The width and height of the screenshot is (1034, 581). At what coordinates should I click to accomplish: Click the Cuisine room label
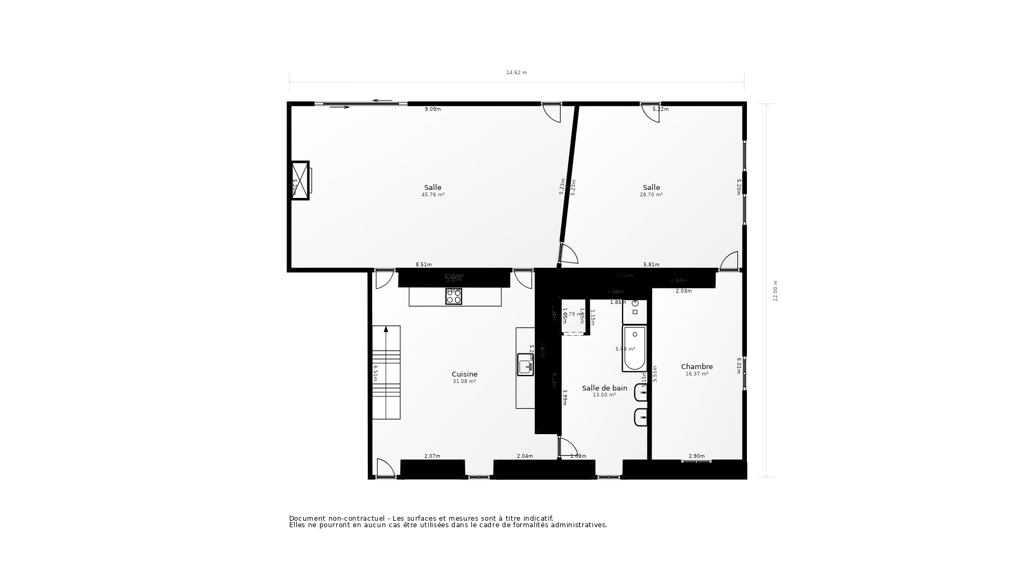click(464, 374)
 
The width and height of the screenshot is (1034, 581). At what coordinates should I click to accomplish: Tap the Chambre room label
click(697, 367)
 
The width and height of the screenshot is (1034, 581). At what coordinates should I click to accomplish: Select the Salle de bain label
click(604, 388)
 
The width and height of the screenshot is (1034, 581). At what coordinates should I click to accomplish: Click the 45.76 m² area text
click(433, 195)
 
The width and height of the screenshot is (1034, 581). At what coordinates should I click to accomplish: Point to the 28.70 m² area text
click(651, 195)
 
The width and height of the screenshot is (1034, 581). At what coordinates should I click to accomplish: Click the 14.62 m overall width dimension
click(516, 73)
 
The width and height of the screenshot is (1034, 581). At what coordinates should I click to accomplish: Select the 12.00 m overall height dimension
click(775, 290)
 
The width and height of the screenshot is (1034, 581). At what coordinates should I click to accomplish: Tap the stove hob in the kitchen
click(453, 296)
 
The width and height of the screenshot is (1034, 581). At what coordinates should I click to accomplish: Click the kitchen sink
click(525, 365)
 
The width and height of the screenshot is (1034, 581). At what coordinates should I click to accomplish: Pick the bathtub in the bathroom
click(634, 349)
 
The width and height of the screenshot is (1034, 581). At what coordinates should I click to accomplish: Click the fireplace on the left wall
click(300, 180)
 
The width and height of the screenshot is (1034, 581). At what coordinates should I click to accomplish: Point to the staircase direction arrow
click(386, 329)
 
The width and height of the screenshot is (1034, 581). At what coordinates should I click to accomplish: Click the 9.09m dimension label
click(432, 109)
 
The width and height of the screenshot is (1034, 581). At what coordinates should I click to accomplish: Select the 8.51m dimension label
click(423, 265)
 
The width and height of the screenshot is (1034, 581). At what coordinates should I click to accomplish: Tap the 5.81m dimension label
click(651, 265)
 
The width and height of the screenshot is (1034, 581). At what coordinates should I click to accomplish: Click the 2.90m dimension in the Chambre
click(696, 456)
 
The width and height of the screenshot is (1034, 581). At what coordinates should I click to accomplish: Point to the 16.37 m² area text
click(697, 374)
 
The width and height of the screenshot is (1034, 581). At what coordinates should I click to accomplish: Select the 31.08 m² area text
click(464, 381)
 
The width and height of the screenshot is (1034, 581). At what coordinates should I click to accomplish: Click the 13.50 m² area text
click(604, 395)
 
